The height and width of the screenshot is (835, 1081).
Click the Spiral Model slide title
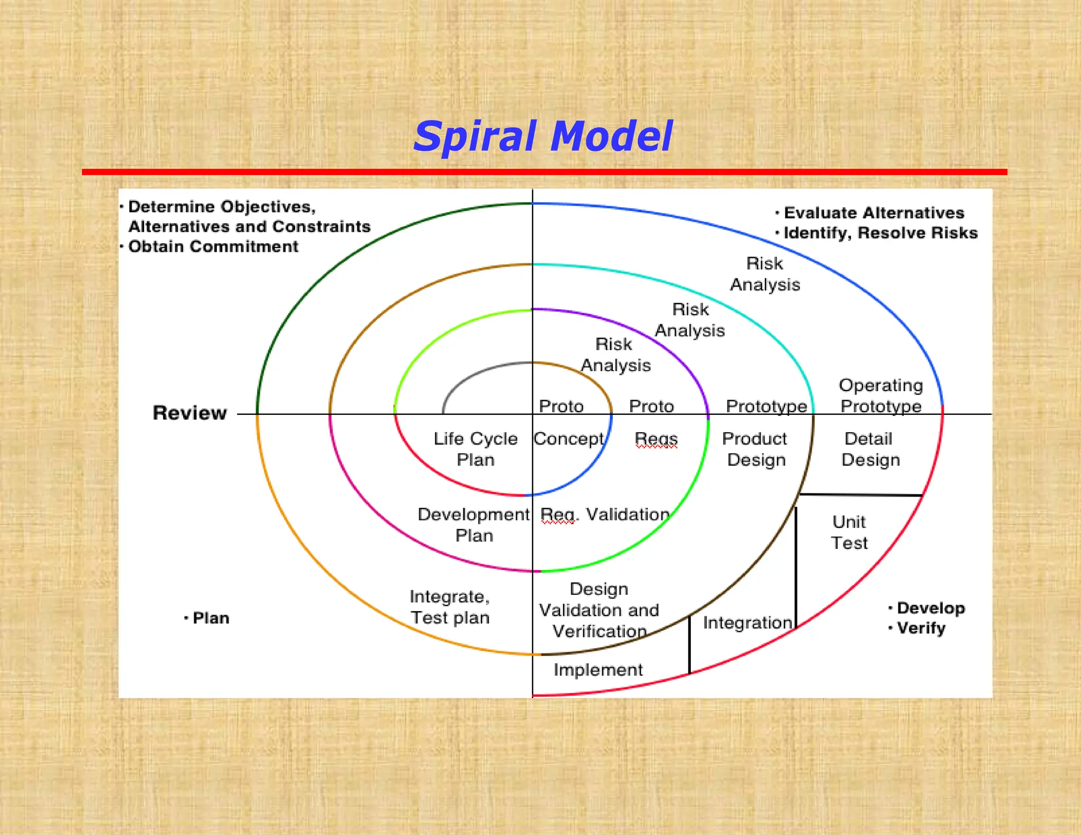tap(543, 137)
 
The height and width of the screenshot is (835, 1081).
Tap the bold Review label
tap(189, 413)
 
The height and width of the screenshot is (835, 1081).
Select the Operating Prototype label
tap(880, 395)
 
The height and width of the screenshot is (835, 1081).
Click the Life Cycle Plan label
tap(475, 449)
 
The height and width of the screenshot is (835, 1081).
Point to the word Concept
tap(568, 439)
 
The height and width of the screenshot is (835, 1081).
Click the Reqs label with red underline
tap(656, 439)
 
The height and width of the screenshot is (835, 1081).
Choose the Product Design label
tap(755, 449)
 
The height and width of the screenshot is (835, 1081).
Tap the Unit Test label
tap(849, 532)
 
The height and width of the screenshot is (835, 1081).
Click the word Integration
tap(747, 623)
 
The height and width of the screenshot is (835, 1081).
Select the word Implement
tap(598, 670)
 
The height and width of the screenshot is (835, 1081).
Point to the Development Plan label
tap(473, 525)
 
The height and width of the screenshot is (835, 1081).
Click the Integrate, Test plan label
tap(450, 607)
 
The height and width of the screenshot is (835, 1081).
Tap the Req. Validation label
tap(605, 514)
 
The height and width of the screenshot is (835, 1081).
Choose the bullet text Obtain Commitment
tap(213, 246)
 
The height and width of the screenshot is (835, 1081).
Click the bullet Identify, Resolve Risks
tap(880, 233)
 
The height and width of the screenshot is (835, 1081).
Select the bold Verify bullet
tap(921, 628)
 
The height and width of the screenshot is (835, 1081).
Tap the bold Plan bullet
tap(210, 618)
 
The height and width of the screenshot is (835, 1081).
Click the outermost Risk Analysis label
tap(765, 274)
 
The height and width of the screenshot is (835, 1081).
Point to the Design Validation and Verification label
tap(599, 610)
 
